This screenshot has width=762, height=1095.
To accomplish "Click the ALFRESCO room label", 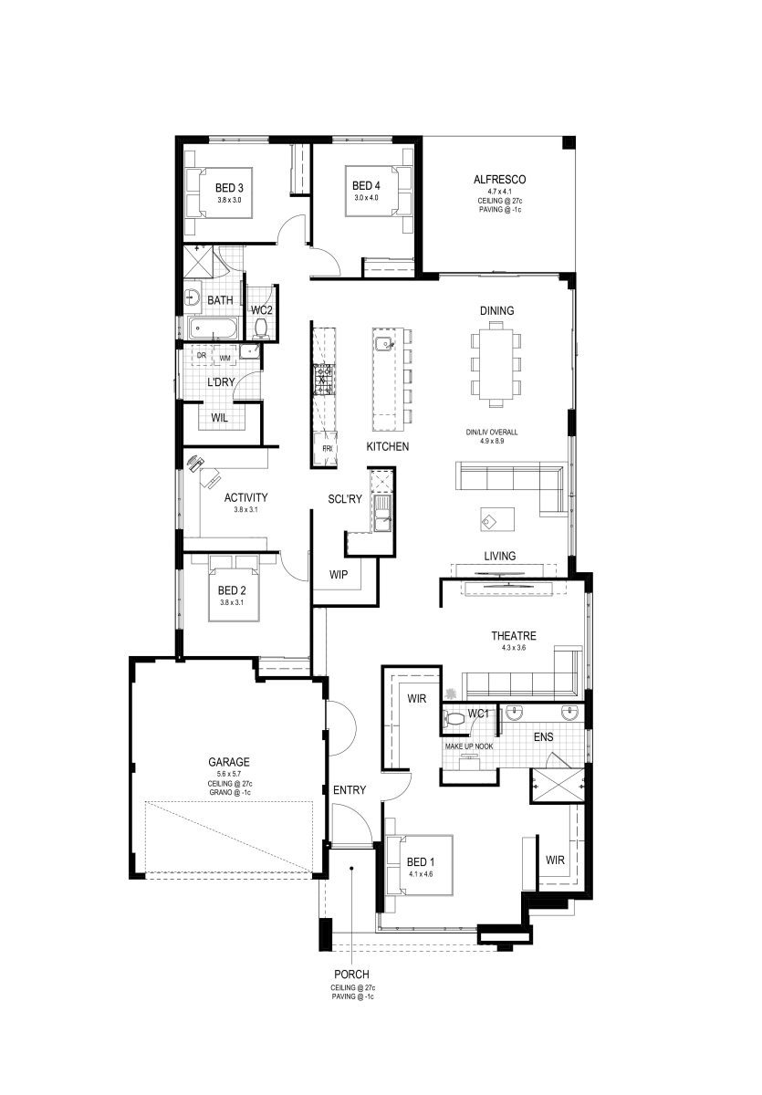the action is [499, 180].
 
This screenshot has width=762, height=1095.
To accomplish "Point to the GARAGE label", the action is [229, 762].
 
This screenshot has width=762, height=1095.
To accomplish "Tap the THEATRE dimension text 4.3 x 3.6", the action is [513, 648].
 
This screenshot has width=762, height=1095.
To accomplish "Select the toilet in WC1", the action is [454, 719].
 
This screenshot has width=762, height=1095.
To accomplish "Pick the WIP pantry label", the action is [339, 574].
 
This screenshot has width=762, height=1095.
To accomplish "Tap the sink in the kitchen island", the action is [383, 344].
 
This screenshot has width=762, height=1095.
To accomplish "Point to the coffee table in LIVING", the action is [497, 519].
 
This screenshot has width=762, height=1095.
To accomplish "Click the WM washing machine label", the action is [224, 359].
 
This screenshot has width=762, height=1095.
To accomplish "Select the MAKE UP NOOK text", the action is [468, 746].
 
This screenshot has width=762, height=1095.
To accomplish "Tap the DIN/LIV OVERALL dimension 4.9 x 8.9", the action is [492, 441].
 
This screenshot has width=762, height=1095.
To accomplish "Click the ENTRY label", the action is [350, 790].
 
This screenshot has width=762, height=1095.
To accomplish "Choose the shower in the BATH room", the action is [198, 262].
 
